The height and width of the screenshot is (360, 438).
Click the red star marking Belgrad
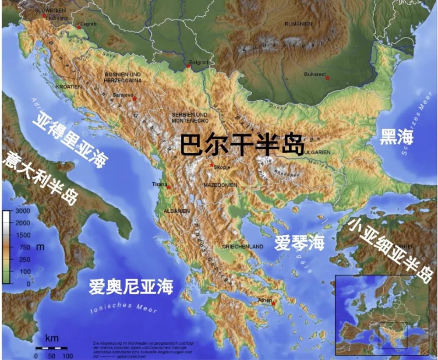tap(188, 66)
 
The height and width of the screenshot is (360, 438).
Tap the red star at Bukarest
tap(327, 78)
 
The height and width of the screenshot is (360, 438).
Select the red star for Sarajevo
tap(134, 99)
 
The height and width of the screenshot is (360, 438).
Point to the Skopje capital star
tap(212, 165)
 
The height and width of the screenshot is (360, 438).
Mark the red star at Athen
tap(274, 304)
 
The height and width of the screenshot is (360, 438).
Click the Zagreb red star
tap(79, 28)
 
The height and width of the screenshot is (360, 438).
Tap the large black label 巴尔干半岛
tap(242, 144)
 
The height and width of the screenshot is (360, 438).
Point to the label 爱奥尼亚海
tap(131, 287)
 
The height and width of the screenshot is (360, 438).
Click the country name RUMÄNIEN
tap(298, 24)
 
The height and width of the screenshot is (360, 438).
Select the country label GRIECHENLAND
tap(243, 247)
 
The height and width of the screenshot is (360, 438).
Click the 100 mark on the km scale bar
tap(67, 356)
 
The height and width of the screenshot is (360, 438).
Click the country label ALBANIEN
tap(177, 211)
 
